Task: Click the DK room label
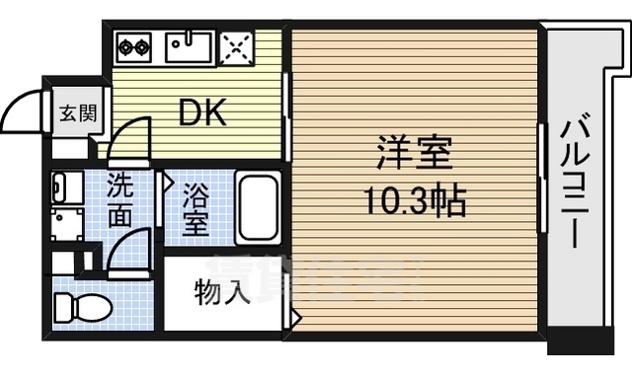(202, 112)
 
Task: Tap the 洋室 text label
(414, 156)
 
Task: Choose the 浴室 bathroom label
(196, 207)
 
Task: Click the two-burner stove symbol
(132, 44)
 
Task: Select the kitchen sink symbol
(188, 45)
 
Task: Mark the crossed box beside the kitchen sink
(237, 45)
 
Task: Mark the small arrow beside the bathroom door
(169, 183)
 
